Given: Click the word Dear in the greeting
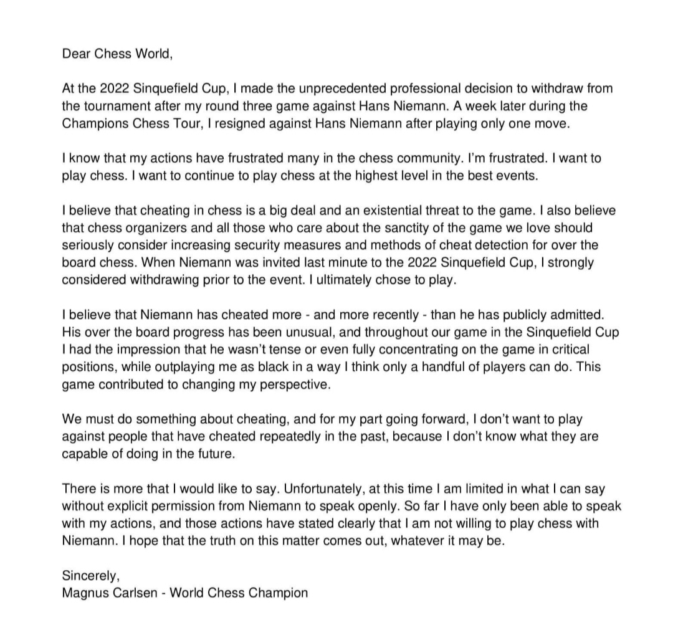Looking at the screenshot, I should [x=75, y=54].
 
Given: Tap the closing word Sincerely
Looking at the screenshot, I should [x=90, y=576].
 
